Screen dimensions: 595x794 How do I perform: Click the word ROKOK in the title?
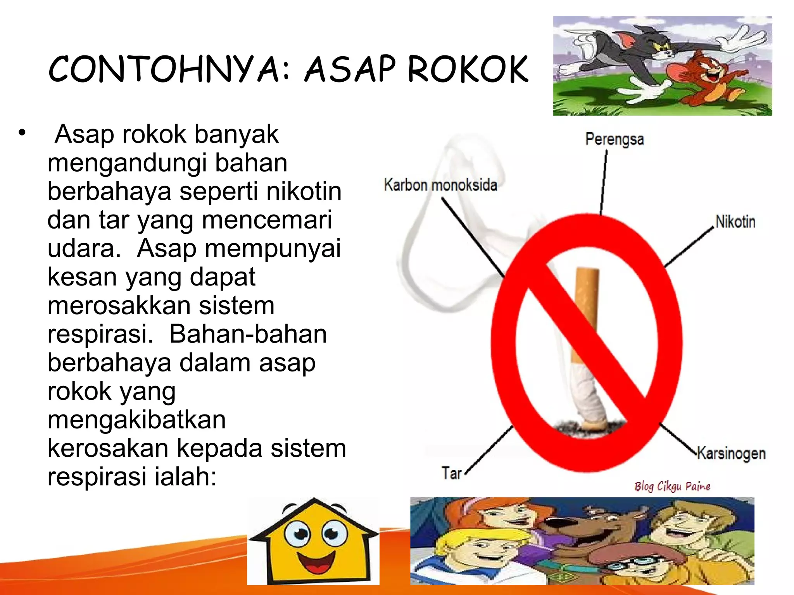pos(468,69)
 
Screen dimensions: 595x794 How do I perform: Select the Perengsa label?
pos(614,139)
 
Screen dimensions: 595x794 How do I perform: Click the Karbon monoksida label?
pos(440,185)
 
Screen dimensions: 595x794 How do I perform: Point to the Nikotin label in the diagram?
pos(735,222)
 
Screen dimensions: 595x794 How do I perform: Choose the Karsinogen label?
pos(731,453)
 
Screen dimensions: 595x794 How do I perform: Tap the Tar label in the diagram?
pos(451,473)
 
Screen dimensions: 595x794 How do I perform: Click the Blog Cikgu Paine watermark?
pos(672,487)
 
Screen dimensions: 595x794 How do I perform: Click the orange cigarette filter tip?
pos(586,310)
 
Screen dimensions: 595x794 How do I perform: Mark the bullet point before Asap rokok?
pos(22,133)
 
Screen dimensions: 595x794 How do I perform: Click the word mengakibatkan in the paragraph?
pos(136,420)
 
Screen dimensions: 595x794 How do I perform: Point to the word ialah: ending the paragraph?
pos(185,477)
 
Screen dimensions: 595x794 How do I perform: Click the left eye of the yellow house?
pos(297,533)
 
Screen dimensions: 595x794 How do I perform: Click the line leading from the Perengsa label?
pos(604,182)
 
